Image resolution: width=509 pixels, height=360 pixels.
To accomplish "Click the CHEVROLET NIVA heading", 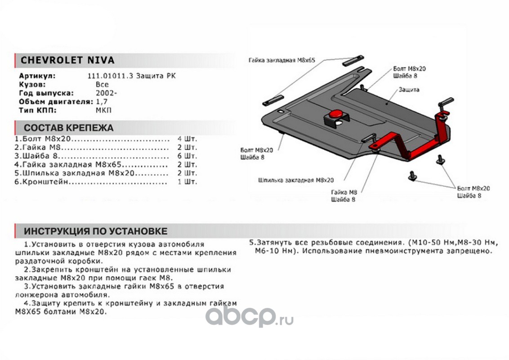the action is (67, 60).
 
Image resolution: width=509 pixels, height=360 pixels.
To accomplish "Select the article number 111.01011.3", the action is (110, 76).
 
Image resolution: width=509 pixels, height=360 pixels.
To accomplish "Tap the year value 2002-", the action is (106, 93).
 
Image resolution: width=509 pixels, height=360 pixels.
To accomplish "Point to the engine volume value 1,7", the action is (101, 102).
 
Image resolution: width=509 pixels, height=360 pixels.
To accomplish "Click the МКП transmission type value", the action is (103, 110).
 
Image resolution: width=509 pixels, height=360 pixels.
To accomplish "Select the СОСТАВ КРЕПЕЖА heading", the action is (68, 128).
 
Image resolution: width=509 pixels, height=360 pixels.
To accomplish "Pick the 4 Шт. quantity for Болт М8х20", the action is (188, 139).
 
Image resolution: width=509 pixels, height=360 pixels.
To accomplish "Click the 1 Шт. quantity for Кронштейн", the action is (188, 182).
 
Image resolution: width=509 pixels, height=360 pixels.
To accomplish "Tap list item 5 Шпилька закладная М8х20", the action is (74, 173).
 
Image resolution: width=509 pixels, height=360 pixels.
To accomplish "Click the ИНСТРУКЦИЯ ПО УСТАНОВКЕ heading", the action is (95, 231).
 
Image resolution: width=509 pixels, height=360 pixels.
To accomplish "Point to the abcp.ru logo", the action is (249, 316).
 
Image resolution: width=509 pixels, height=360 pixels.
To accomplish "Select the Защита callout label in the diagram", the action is (409, 90).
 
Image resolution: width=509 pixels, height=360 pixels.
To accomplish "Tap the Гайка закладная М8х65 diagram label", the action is (282, 60).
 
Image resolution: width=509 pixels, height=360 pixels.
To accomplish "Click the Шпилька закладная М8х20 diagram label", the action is (296, 180).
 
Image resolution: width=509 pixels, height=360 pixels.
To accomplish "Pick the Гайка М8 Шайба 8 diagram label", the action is (344, 196).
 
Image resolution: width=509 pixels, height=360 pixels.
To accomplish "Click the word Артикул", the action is (37, 76).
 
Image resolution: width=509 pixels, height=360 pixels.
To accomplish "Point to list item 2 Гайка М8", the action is (38, 148).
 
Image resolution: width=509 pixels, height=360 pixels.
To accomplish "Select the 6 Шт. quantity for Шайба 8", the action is (188, 156).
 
